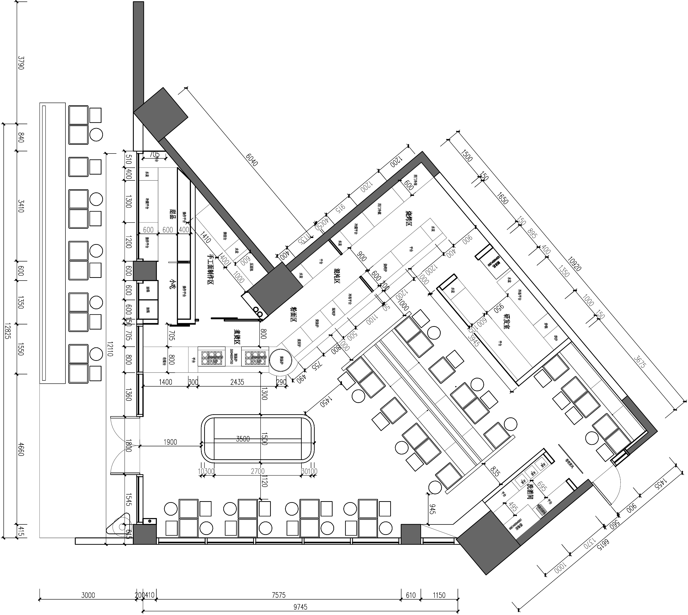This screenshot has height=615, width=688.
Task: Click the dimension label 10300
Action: click(206, 471)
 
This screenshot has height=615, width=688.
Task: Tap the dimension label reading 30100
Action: click(309, 471)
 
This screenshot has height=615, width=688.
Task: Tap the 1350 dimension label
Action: click(563, 271)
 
